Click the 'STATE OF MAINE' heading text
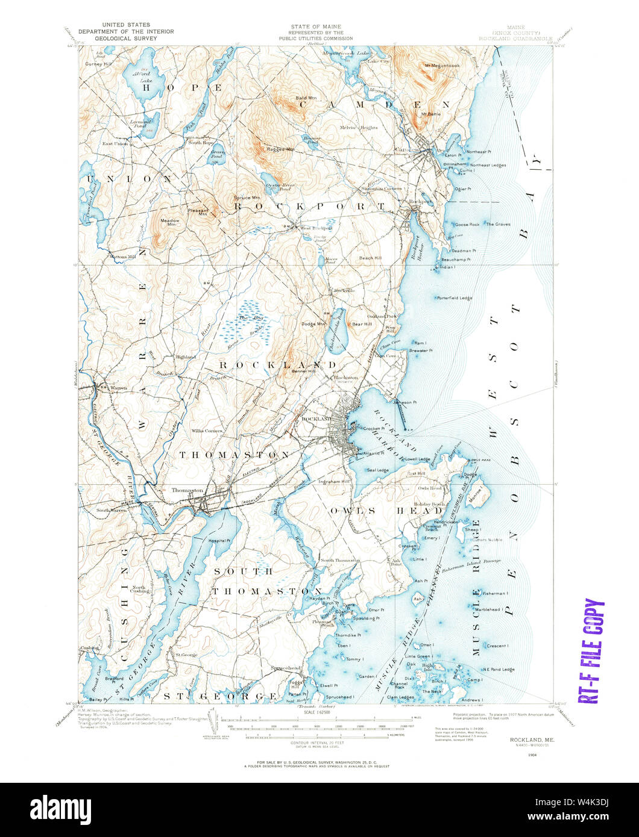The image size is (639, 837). tap(315, 26)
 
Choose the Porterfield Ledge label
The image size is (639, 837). tap(454, 297)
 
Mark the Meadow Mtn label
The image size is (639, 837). tap(169, 220)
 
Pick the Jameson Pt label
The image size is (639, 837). tap(405, 402)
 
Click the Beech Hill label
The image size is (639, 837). tap(370, 258)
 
